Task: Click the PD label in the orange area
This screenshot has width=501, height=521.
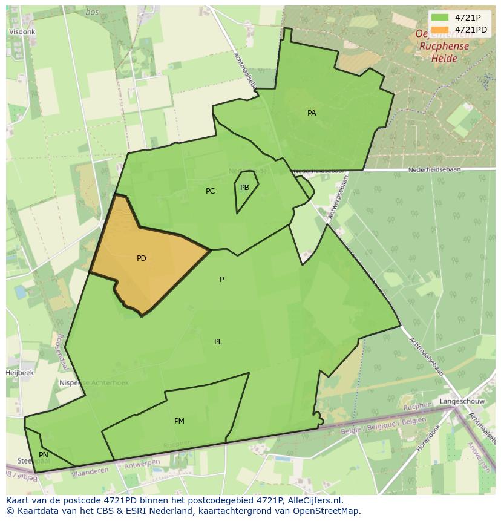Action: tap(142, 258)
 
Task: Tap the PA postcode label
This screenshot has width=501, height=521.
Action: tap(312, 113)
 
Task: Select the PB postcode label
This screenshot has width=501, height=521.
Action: tap(244, 188)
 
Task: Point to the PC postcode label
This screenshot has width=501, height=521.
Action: tap(210, 191)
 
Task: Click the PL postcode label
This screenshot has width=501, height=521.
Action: tap(218, 342)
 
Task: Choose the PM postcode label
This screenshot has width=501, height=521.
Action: tap(179, 421)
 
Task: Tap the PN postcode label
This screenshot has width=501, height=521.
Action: tap(44, 455)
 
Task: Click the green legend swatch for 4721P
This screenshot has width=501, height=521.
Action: tap(440, 18)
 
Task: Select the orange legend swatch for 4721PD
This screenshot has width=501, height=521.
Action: tap(440, 30)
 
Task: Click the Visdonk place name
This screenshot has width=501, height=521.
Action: tap(22, 32)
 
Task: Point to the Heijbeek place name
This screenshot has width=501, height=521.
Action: tap(20, 373)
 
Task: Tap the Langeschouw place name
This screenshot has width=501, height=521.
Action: tap(461, 401)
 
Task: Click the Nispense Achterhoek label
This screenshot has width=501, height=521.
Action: tap(85, 383)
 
